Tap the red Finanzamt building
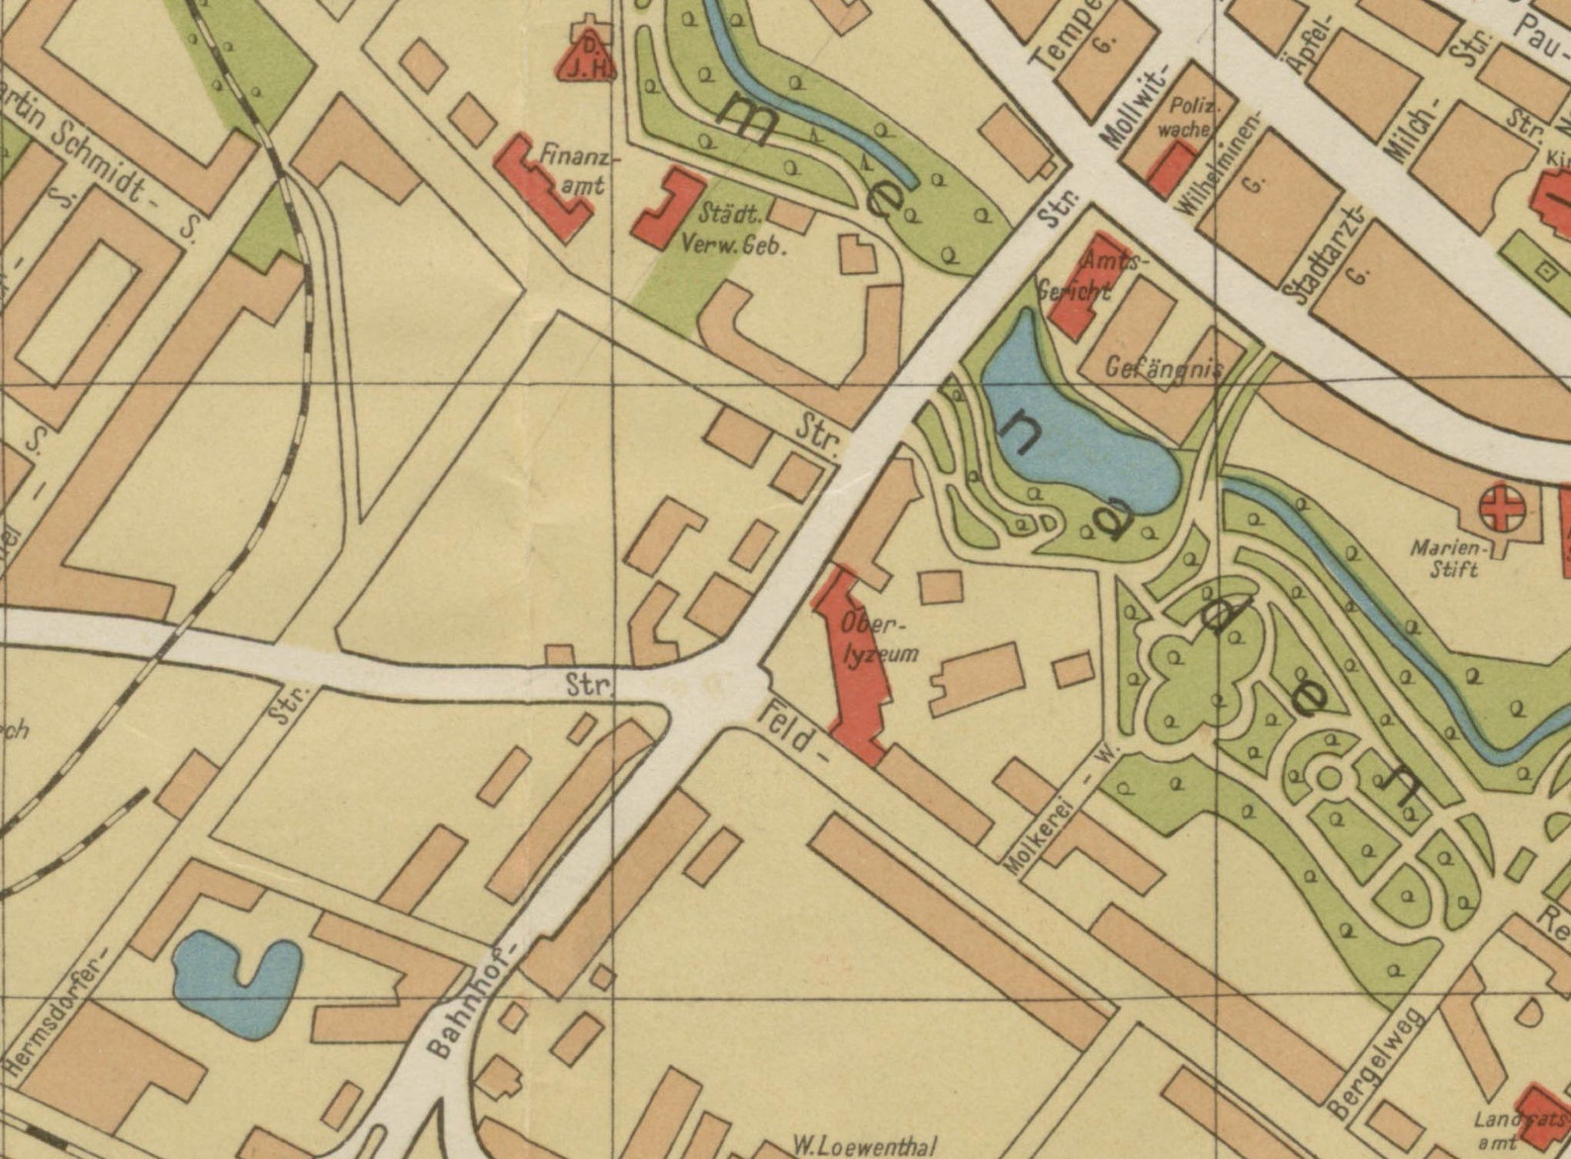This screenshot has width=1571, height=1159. tap(542, 185)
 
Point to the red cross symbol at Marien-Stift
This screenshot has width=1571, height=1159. tap(1501, 510)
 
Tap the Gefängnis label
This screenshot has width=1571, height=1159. tap(1162, 369)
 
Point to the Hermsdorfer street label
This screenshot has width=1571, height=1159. tap(56, 1010)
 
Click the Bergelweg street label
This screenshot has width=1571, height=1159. tap(1376, 1064)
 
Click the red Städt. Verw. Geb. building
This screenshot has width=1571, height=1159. tap(669, 208)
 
